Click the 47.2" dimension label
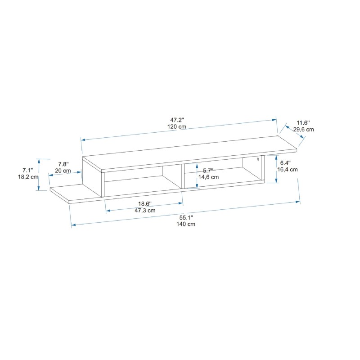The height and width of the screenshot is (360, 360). click(177, 120)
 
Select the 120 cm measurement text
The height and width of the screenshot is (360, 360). click(177, 127)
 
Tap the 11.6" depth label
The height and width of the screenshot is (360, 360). click(303, 122)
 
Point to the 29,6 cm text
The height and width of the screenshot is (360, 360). click(303, 130)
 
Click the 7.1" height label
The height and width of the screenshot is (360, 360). click(28, 170)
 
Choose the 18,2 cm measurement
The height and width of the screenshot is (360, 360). click(28, 177)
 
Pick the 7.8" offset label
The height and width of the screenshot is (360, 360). click(63, 164)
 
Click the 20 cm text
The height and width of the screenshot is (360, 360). click(63, 171)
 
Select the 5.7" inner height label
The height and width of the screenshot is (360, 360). click(208, 171)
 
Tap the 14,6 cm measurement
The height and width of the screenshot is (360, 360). click(209, 177)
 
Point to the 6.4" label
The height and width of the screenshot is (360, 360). click(285, 162)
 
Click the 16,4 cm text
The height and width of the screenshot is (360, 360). click(288, 170)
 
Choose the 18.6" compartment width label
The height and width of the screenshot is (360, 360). click(145, 203)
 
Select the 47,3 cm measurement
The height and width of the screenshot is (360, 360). click(145, 210)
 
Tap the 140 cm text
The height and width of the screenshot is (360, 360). click(186, 225)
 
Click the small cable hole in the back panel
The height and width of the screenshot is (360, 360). click(258, 159)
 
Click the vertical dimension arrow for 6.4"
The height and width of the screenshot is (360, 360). click(276, 169)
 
